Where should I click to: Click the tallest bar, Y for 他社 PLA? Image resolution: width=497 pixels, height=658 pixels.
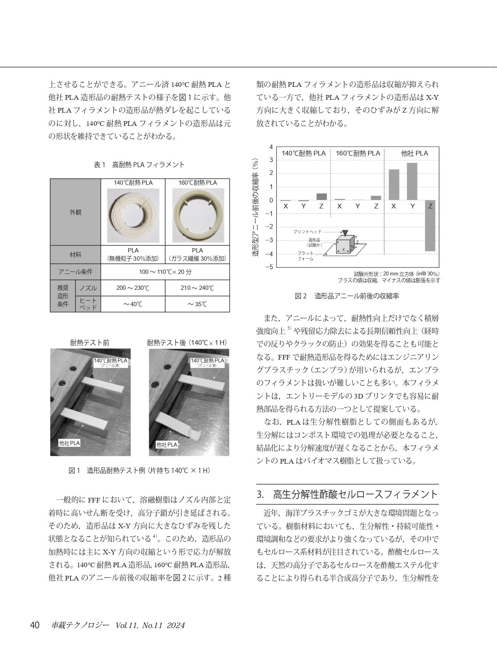412,182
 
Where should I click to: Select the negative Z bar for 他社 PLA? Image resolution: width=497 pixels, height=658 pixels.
430,226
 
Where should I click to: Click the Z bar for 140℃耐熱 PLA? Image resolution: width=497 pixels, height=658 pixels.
321,197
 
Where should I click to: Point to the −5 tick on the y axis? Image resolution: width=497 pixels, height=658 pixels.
269,267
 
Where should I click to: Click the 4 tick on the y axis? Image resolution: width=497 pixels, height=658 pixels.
271,147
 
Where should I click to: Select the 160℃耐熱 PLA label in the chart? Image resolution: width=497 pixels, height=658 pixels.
358,153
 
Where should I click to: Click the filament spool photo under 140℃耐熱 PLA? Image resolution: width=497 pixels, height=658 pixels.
133,216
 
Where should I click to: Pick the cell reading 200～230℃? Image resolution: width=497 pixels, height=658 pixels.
133,288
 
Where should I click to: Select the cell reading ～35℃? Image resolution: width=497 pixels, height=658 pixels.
197,304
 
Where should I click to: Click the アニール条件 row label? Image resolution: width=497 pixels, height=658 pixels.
76,272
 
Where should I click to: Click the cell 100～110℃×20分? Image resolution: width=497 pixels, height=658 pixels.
165,272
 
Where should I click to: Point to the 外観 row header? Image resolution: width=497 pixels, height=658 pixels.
76,212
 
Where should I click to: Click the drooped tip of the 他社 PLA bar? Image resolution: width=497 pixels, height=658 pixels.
197,436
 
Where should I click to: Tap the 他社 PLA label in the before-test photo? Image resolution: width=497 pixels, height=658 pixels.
69,443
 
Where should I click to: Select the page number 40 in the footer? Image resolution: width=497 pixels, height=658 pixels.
35,625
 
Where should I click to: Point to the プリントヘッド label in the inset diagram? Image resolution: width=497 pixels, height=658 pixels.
307,232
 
